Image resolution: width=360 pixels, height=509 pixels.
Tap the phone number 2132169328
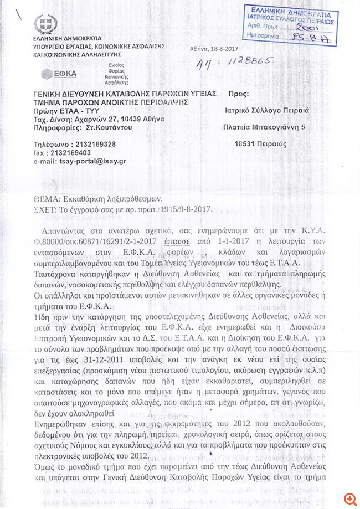click(90, 144)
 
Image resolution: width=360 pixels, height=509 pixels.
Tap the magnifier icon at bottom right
click(349, 498)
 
